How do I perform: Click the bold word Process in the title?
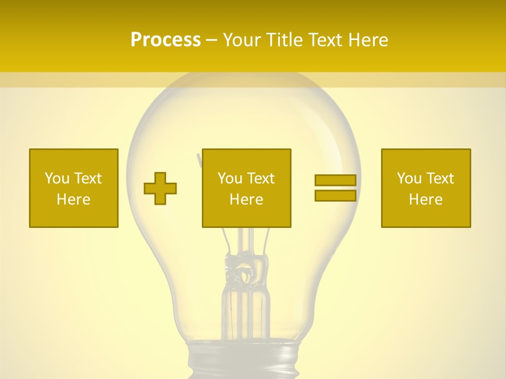(166, 40)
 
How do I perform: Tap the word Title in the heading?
(284, 40)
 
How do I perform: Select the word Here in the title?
(368, 40)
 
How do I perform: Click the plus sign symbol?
(160, 188)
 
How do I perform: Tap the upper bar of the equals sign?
(335, 180)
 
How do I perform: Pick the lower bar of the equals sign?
(335, 195)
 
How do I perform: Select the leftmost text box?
(74, 188)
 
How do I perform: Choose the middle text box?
(246, 188)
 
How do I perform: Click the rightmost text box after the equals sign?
(426, 188)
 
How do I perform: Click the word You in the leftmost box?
(57, 178)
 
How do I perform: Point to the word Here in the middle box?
(246, 200)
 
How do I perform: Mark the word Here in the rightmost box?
(426, 200)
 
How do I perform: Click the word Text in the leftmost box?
(88, 178)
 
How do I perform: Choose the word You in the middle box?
(230, 178)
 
